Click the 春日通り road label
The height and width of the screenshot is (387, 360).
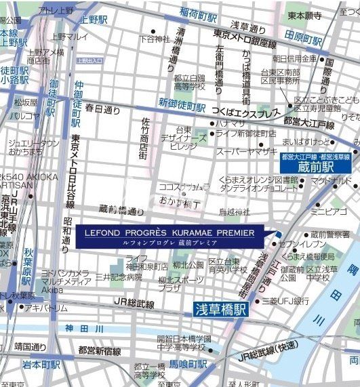point(102,108)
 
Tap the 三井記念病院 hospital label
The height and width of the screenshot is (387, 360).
point(119,277)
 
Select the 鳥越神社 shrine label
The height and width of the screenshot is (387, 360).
point(235,212)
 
